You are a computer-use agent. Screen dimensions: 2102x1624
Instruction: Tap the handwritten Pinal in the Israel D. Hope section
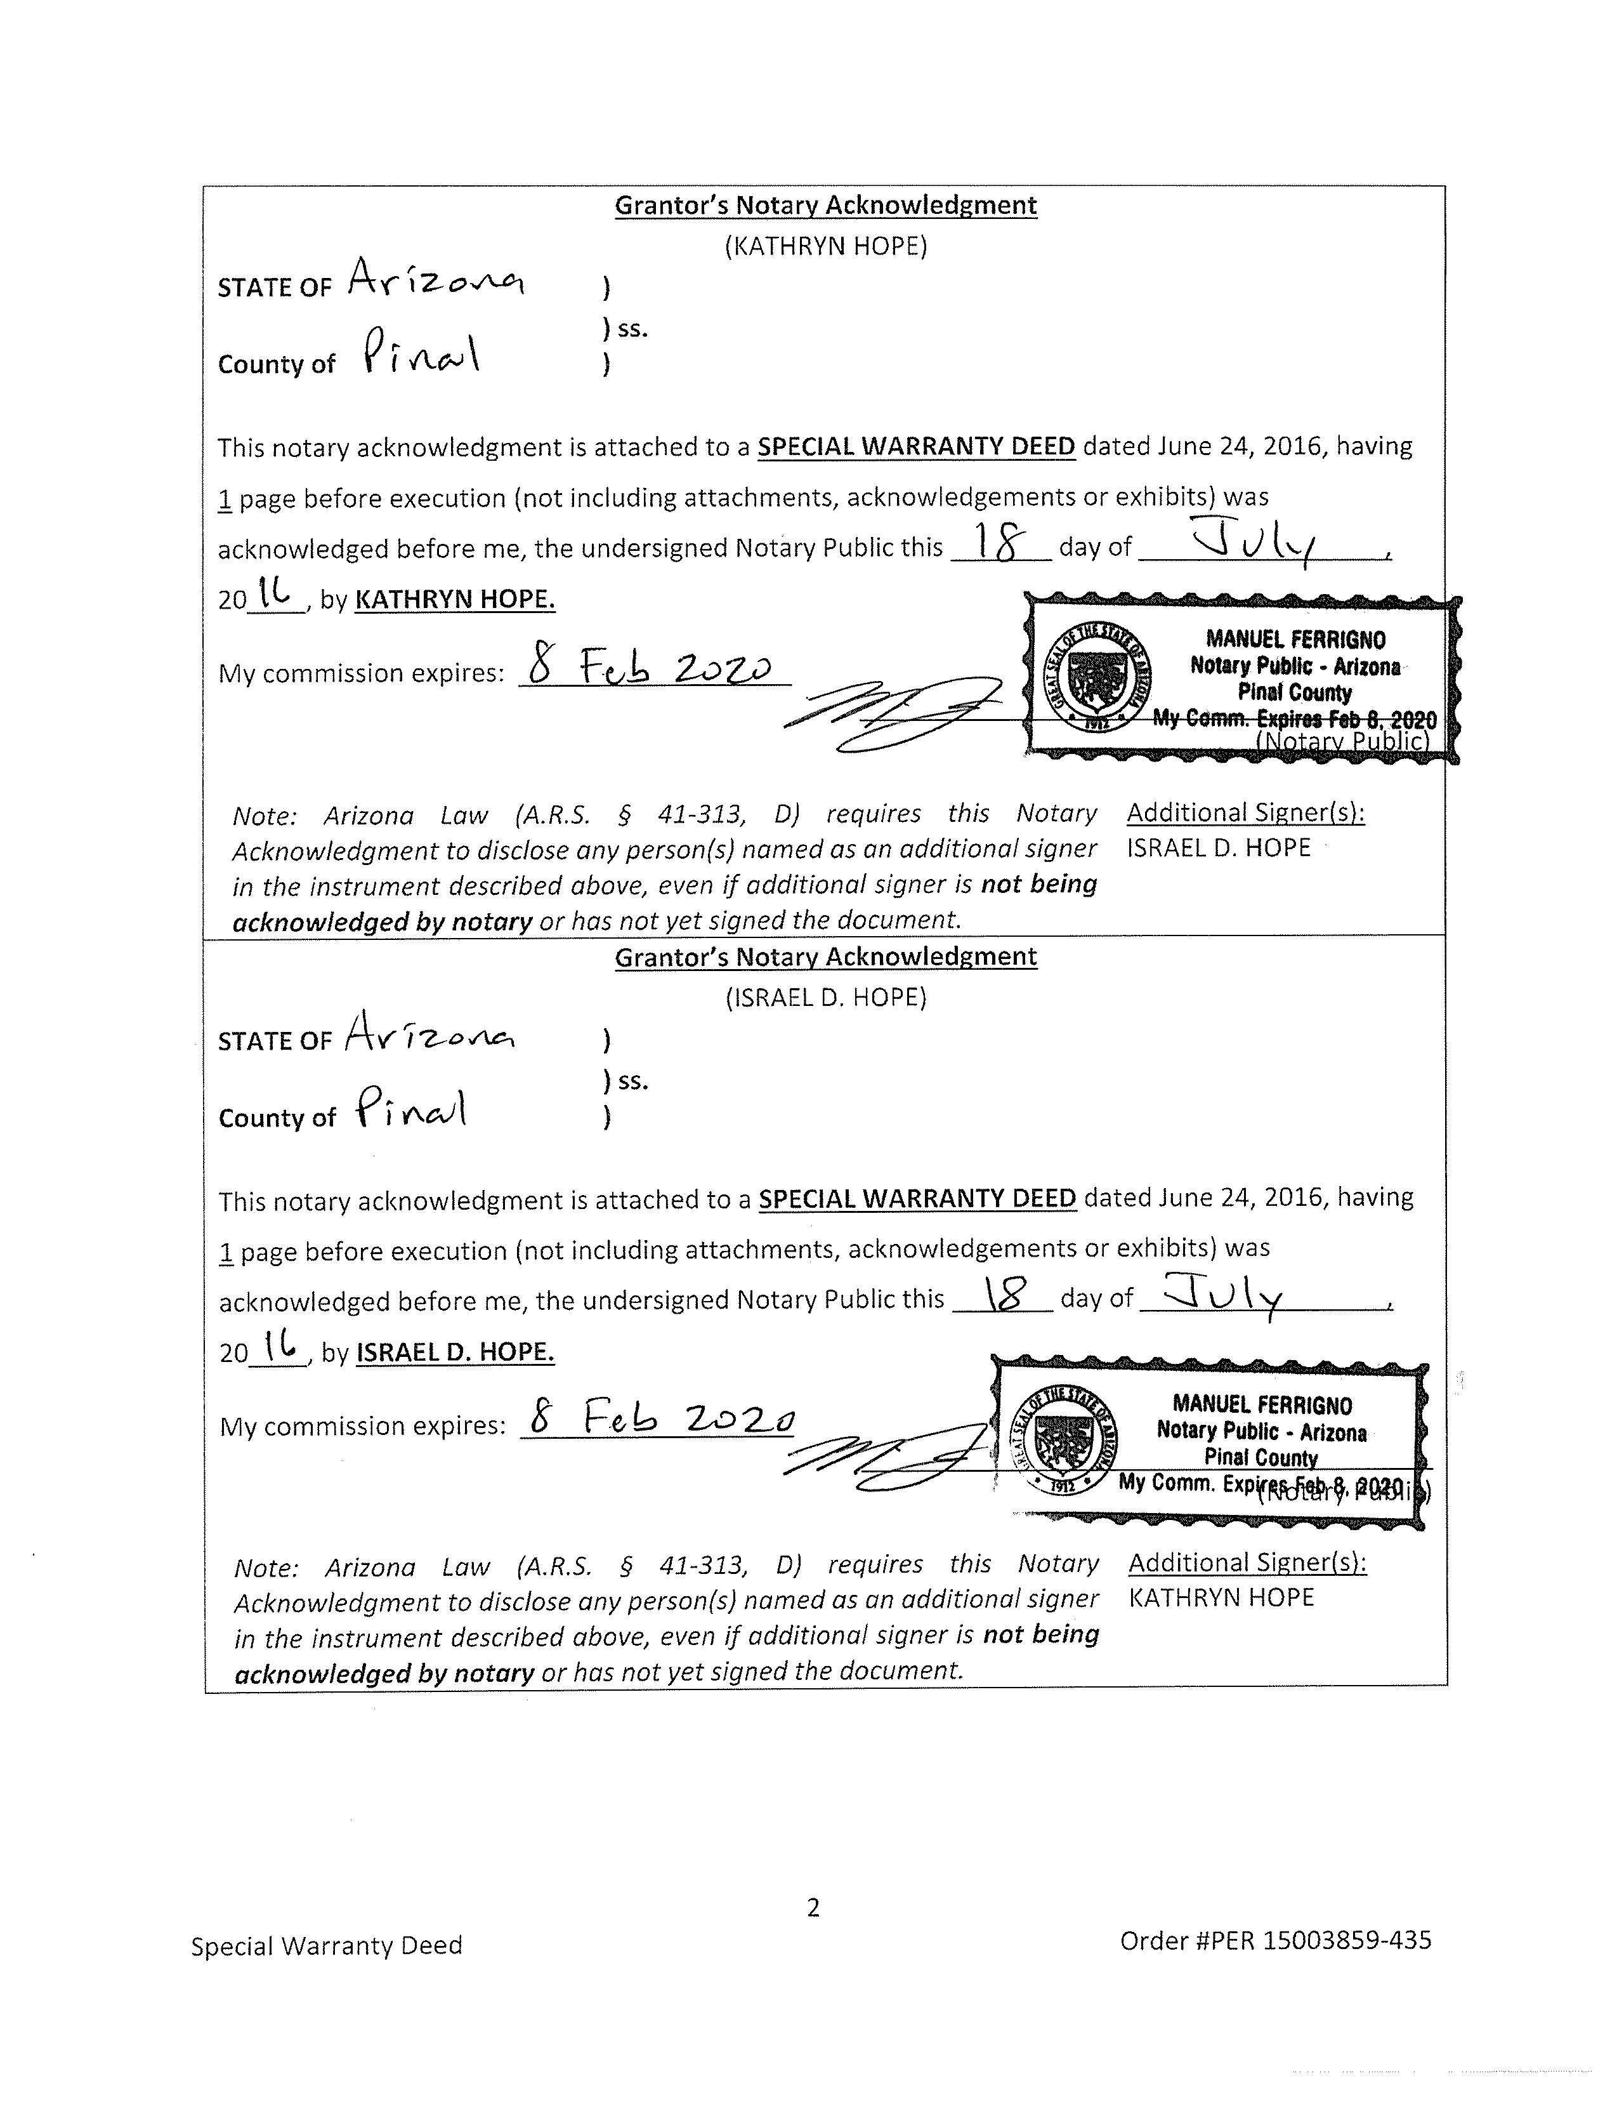click(x=413, y=1107)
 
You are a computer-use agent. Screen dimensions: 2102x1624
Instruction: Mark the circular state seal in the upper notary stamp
click(x=1097, y=677)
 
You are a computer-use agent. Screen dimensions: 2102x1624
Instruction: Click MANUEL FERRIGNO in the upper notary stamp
click(x=1295, y=639)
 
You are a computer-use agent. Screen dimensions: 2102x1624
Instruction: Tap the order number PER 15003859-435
click(x=1276, y=1940)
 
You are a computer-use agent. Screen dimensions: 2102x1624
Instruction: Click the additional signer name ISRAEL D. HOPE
click(x=1218, y=848)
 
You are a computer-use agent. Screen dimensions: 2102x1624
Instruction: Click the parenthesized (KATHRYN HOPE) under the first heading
click(x=825, y=246)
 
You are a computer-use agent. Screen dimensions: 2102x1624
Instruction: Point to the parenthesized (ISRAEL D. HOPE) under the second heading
click(x=825, y=997)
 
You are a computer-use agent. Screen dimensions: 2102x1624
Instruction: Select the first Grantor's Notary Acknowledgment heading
click(x=825, y=205)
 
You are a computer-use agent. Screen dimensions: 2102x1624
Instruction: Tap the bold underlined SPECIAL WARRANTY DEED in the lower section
click(x=917, y=1198)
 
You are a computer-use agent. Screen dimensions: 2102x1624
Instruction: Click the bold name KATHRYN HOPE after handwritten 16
click(x=455, y=600)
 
